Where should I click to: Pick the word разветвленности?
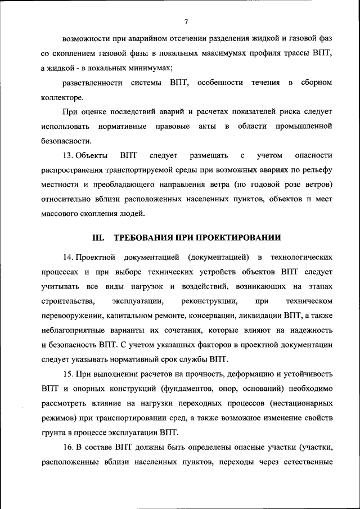[92, 83]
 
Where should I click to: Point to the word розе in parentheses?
[280, 184]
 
